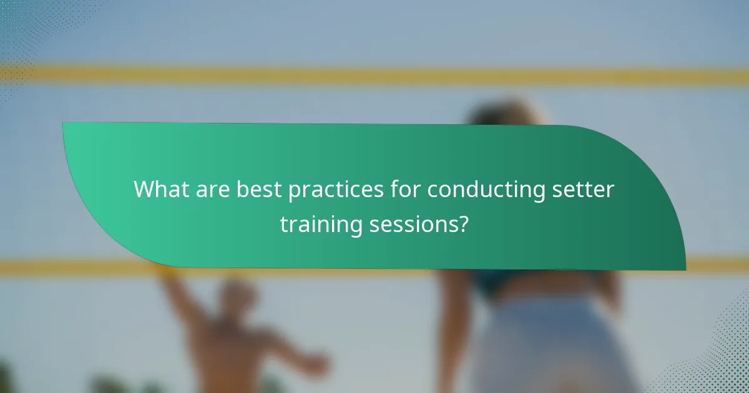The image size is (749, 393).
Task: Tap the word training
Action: point(321,224)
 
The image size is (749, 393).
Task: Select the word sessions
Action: point(412,224)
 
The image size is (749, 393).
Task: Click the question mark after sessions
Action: point(463,224)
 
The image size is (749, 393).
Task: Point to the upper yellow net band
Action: point(374,75)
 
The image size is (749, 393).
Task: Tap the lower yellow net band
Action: point(94,267)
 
